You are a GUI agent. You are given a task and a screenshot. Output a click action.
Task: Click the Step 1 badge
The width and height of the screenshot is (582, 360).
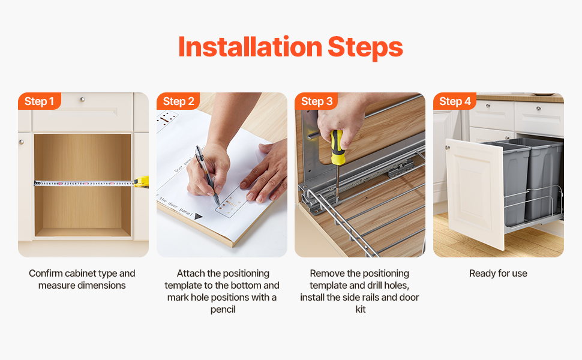(x=40, y=101)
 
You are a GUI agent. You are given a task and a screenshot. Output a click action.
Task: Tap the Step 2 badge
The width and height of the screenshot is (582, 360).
(x=178, y=101)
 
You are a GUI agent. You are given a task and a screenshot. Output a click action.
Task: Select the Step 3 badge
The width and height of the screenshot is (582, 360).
(x=316, y=101)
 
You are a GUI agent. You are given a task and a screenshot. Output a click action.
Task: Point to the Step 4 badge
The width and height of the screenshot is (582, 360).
(x=455, y=101)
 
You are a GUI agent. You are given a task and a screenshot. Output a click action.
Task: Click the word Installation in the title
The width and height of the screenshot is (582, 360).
(x=250, y=47)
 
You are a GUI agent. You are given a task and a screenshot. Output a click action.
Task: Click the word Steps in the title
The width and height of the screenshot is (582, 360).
(x=365, y=48)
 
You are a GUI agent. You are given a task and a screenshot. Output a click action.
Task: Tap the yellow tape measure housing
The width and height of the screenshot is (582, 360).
(x=142, y=181)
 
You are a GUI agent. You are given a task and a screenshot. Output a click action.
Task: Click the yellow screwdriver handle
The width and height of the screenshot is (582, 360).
(x=337, y=148)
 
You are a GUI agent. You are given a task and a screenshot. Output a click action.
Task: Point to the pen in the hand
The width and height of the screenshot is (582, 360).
(x=208, y=175)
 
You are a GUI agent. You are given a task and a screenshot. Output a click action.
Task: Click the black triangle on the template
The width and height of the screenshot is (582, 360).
(x=198, y=217)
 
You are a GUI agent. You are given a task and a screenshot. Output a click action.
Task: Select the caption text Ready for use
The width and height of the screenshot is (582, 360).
(x=498, y=274)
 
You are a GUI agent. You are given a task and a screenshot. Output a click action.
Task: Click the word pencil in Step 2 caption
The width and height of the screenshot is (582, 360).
(x=223, y=310)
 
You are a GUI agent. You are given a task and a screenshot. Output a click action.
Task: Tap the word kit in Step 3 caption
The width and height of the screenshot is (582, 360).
(x=361, y=309)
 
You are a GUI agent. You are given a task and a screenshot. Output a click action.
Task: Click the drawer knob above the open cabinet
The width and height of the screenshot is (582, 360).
(x=82, y=100)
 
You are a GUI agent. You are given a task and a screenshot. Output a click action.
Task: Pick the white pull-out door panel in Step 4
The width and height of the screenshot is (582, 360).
(x=475, y=193)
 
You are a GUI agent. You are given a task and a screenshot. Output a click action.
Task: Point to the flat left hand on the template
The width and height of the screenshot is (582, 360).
(x=266, y=173)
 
